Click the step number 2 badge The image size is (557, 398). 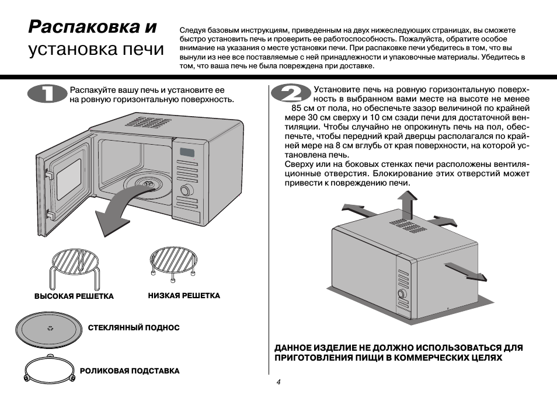coord(288,95)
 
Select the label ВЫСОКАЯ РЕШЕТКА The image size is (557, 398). coord(74,296)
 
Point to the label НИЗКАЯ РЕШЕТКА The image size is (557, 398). coord(184,296)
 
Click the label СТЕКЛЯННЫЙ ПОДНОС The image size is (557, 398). coord(134,328)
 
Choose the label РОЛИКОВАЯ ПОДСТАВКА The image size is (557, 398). coord(130,371)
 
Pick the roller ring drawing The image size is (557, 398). coord(50,369)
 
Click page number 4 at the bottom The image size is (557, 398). coord(278,382)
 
